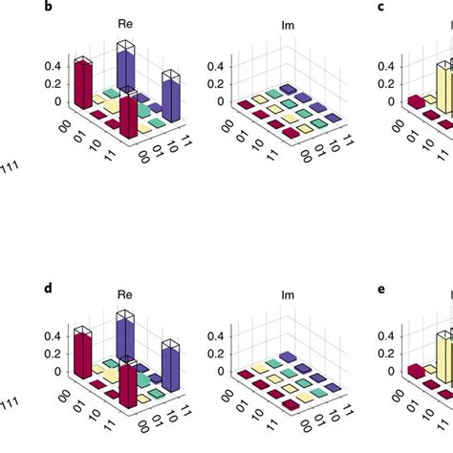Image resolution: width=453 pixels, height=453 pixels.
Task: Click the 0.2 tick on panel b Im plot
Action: (218, 83)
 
